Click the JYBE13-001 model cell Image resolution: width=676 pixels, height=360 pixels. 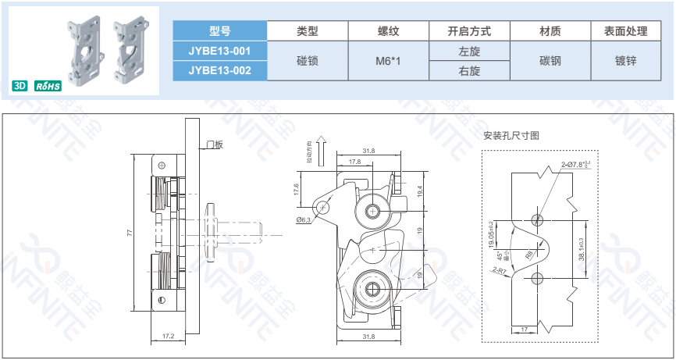[219, 51]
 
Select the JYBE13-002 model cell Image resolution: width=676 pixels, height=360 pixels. [219, 70]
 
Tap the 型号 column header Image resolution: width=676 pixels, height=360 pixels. [219, 31]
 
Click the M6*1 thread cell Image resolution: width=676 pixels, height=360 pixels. [388, 61]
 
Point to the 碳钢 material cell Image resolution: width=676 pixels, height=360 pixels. [550, 61]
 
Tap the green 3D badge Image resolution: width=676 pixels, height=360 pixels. [20, 85]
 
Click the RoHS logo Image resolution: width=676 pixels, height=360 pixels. [48, 85]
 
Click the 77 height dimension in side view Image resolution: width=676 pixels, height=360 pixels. [130, 233]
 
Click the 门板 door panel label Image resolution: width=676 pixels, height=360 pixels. [214, 144]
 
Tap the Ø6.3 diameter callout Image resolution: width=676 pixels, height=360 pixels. [304, 220]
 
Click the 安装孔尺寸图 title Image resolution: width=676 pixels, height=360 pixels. [511, 136]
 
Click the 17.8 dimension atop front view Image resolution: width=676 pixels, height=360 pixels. [354, 162]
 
